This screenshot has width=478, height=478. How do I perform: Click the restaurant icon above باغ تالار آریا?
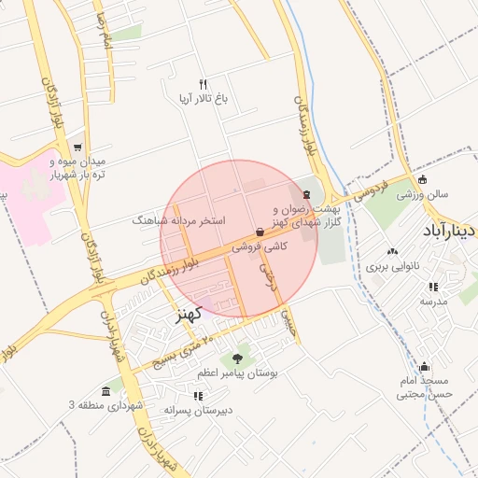tap(203, 85)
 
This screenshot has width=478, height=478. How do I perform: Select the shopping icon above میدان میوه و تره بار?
tap(77, 147)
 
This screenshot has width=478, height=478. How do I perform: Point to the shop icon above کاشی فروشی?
tap(260, 232)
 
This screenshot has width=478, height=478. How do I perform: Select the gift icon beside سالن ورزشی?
tap(424, 180)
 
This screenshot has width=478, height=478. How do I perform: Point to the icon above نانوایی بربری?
tap(391, 251)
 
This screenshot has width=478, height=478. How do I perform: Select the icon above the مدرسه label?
tap(432, 286)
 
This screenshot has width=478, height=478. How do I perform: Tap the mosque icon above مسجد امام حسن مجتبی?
tap(425, 366)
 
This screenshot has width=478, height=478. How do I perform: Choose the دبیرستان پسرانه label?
tap(199, 410)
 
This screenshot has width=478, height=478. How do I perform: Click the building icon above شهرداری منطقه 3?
tap(105, 390)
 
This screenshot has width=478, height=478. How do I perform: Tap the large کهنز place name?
tap(190, 314)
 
